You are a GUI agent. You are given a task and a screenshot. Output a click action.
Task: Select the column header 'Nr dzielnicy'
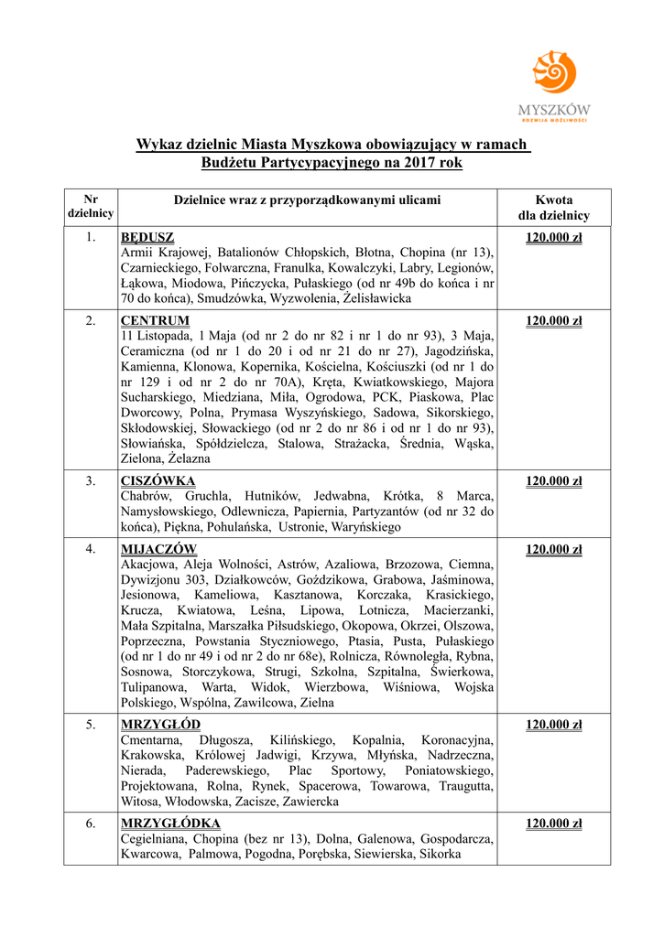tap(91, 206)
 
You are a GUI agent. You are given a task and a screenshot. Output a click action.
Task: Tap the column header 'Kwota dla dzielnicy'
tap(553, 208)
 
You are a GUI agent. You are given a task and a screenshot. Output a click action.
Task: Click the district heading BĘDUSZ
tap(147, 238)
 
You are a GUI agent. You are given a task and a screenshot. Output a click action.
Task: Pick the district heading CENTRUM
tap(155, 320)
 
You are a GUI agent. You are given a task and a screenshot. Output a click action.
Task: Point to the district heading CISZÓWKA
tap(158, 480)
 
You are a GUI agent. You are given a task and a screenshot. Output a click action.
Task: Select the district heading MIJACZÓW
tap(158, 549)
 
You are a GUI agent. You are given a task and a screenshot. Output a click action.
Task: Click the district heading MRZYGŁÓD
tap(160, 725)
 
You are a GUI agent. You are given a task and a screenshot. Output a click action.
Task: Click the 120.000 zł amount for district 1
tap(553, 238)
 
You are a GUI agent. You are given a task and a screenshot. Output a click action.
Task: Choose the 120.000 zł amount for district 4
tap(553, 549)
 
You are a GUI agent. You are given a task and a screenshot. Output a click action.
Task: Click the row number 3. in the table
tap(91, 480)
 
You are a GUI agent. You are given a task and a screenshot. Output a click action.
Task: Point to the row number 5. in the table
tap(91, 725)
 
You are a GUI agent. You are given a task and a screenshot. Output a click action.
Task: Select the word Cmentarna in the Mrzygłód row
tap(151, 740)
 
